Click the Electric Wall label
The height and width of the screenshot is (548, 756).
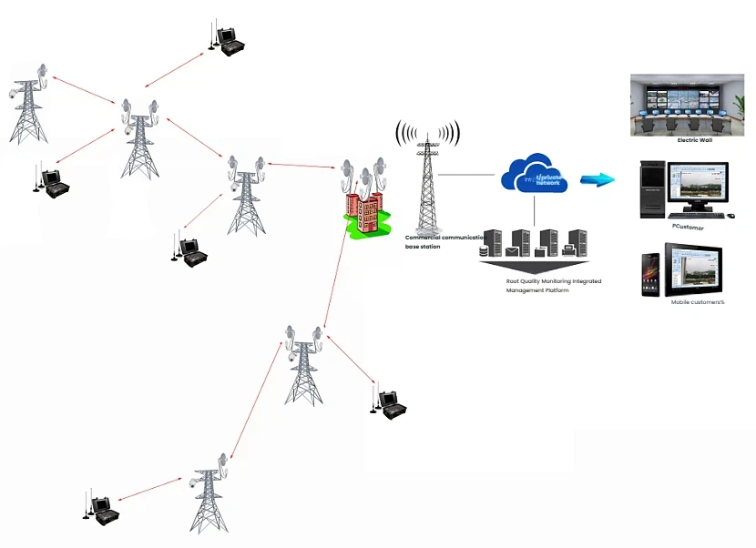(694, 141)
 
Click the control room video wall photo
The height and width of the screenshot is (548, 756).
(693, 105)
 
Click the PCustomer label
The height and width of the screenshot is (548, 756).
(688, 228)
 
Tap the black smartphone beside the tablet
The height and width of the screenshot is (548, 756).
(650, 273)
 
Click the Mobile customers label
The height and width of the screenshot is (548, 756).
(697, 302)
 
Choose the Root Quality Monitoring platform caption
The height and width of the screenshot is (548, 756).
(553, 286)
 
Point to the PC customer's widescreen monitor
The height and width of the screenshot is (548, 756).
(698, 188)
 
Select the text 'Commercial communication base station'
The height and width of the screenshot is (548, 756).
(444, 241)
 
